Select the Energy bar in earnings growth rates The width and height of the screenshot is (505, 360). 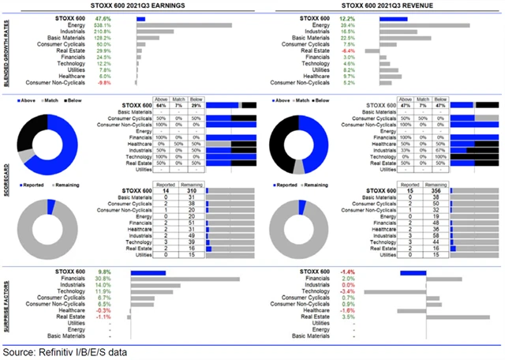184,24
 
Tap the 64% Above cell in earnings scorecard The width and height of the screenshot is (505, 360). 160,104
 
